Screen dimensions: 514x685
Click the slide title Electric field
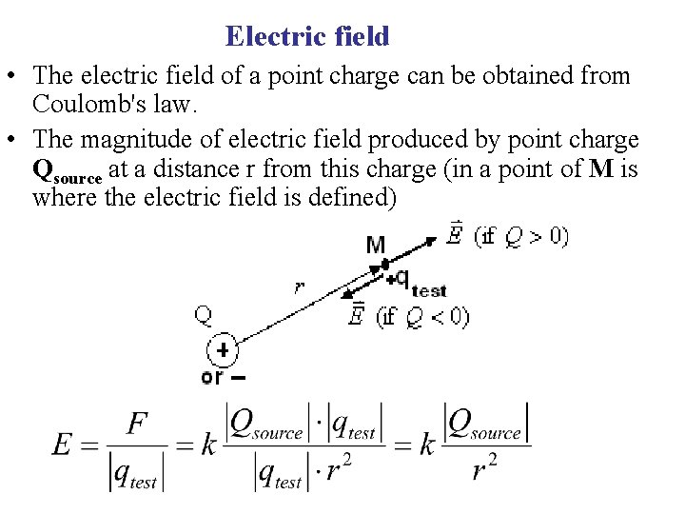tap(307, 36)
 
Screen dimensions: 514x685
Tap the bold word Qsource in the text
tap(68, 172)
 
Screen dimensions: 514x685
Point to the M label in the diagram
tap(376, 247)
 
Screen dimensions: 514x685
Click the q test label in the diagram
tap(419, 281)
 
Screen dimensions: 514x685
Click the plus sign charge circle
tap(222, 350)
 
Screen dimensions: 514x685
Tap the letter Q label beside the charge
tap(204, 314)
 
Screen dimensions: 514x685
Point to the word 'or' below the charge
tap(211, 377)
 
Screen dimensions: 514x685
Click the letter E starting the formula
tap(63, 444)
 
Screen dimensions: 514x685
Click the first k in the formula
tap(209, 445)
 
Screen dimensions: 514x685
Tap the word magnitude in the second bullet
tap(127, 141)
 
